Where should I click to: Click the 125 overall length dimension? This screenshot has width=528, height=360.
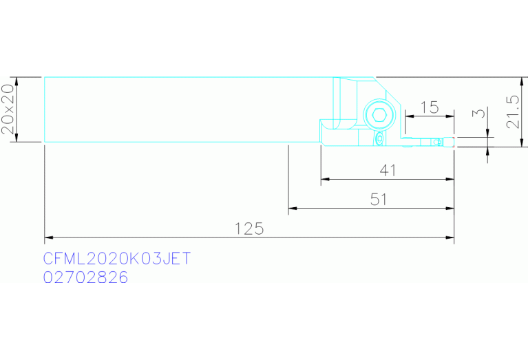pos(249,229)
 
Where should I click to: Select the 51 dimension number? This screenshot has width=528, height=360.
pos(379,200)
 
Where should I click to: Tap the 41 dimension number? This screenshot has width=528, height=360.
pos(388,171)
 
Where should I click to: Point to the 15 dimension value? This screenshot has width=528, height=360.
pos(430,107)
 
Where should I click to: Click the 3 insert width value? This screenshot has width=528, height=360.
pos(479,112)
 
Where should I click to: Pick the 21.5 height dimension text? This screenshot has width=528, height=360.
pos(513,112)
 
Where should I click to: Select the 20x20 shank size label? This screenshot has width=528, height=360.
pos(8,109)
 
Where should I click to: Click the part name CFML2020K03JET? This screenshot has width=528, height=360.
pos(117,259)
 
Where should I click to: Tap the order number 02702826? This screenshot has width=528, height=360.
pos(85,278)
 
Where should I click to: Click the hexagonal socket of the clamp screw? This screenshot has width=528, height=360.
pos(379,115)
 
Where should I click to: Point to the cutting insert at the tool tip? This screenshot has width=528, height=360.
pos(449,142)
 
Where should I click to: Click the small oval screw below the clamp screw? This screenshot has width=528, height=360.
pos(380,138)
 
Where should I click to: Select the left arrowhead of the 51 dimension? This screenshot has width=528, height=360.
pos(293,208)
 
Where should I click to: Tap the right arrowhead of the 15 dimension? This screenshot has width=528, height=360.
pos(450,116)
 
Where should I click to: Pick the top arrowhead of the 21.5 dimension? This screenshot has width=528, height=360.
pos(522,81)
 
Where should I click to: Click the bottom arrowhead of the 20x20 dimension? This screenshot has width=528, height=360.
pos(17,138)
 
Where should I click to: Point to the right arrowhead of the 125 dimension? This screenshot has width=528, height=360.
pos(450,237)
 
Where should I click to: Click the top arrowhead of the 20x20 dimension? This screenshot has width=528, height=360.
pos(17,81)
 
